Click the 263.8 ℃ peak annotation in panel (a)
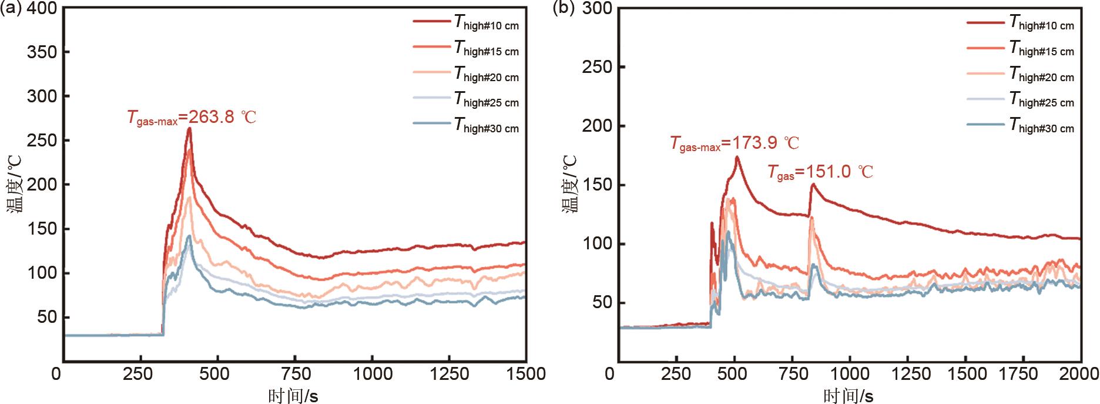coord(192,117)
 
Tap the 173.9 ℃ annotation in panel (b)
coord(735,143)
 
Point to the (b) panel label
coord(566,9)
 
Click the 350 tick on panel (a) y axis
coord(42,52)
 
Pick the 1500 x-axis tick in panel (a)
coord(525,374)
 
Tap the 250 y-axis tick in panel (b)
coord(596,67)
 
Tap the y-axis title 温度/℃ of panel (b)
coord(571,183)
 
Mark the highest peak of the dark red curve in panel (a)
coord(189,128)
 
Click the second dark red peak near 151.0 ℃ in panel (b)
coord(813,185)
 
